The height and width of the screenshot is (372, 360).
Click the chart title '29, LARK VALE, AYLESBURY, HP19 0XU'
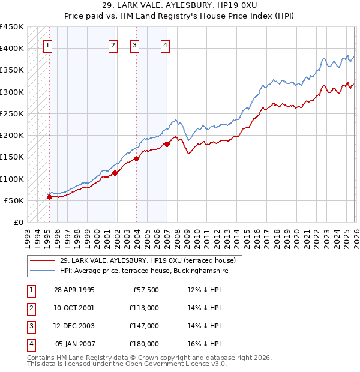point(179,5)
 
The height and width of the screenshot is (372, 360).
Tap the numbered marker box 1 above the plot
point(47,44)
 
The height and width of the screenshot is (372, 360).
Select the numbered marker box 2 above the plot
point(113,44)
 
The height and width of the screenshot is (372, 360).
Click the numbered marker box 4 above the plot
point(165,44)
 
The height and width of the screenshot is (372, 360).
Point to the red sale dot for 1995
point(49,197)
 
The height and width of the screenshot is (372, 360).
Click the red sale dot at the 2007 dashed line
point(167,143)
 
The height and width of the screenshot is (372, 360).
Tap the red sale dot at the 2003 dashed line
point(137,158)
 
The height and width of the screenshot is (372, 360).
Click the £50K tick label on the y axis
point(14,200)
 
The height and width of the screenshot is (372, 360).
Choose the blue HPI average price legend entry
point(145,271)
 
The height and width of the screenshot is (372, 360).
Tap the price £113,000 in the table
point(143,308)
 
